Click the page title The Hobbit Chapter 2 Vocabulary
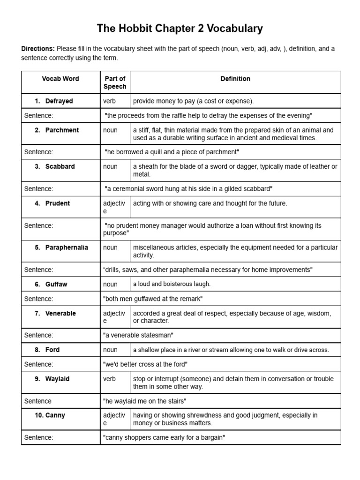point(180,29)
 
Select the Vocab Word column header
point(60,79)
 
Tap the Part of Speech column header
point(115,82)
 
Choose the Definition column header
point(235,79)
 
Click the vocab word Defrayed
point(59,101)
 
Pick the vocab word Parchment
point(62,130)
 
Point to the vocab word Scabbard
point(60,166)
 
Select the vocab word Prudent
point(58,203)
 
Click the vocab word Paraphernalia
point(67,247)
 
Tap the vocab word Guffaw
point(56,284)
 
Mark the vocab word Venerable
point(60,314)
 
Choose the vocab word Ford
point(52,350)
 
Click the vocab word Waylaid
point(57,379)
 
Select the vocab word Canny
point(55,415)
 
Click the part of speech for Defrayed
point(109,101)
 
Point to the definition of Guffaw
point(172,284)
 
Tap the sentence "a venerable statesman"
point(138,335)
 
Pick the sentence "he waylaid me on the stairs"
point(144,401)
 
